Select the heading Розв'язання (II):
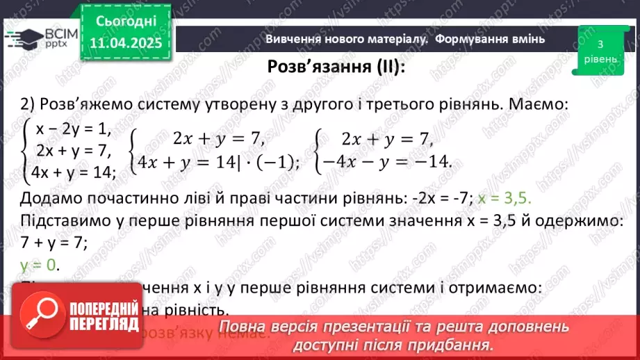pos(336,67)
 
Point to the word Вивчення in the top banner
pos(292,40)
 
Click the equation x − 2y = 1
pos(74,129)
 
